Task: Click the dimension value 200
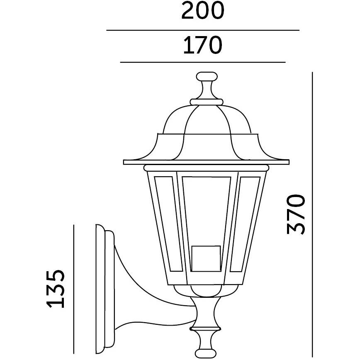(x=203, y=11)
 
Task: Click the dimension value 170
(x=203, y=45)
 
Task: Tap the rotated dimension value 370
(x=296, y=213)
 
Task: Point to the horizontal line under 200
(x=203, y=30)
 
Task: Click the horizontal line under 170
(x=203, y=62)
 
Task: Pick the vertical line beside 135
(x=74, y=290)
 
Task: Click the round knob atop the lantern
(x=206, y=78)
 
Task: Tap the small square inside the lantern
(x=206, y=257)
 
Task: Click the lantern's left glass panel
(x=164, y=224)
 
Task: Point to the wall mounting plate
(x=104, y=286)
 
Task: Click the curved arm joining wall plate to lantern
(x=137, y=286)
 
